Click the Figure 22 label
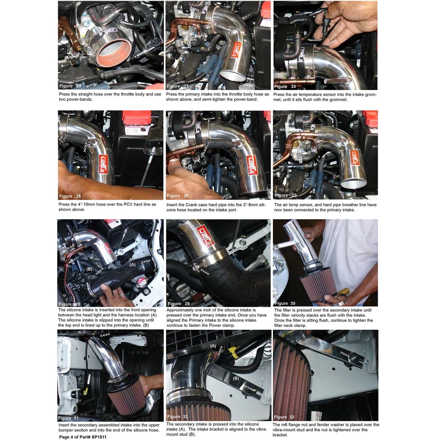click(70, 86)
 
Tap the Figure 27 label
click(285, 195)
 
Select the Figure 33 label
click(284, 417)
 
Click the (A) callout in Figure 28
click(132, 265)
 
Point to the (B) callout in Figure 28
click(89, 269)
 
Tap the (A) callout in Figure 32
click(213, 346)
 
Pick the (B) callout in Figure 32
click(236, 378)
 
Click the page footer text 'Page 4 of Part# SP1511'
click(83, 437)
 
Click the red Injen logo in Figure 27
click(354, 158)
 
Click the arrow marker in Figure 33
click(345, 355)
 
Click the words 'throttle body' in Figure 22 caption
click(133, 94)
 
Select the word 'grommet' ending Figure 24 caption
click(338, 100)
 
